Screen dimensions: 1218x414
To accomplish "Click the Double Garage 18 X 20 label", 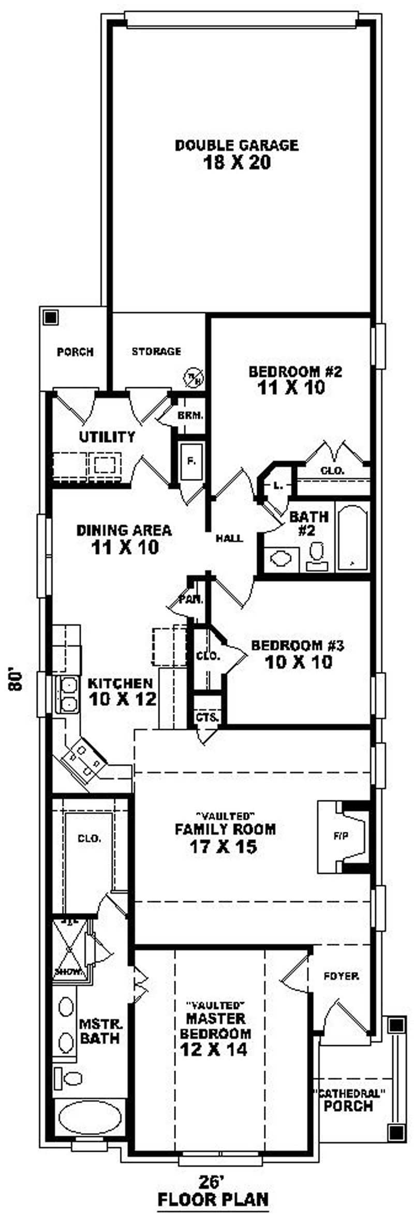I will coord(236,154).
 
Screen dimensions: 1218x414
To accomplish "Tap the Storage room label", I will coord(156,351).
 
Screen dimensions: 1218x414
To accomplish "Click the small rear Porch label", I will coord(75,352).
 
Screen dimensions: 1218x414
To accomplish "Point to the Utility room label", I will coord(107,437).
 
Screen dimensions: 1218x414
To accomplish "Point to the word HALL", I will coord(229,538).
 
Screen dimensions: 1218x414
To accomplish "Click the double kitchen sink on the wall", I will coord(67,694).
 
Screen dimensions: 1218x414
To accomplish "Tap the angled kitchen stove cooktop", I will coord(83,758).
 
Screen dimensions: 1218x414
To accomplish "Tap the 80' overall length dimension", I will coord(18,681).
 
